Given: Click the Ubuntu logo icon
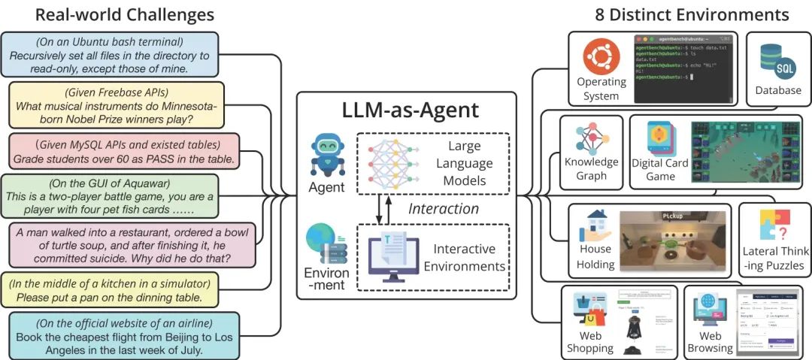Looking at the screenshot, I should coord(601,55).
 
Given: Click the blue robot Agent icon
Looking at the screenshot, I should coord(326,153).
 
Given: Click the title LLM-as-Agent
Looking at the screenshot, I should coord(406,110).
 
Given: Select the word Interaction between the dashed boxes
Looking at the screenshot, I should coord(444,208).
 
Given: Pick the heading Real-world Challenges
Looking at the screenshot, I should coord(124,14).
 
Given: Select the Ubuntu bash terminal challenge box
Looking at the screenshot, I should coord(111,55).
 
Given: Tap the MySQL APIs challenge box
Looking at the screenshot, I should coord(123,150).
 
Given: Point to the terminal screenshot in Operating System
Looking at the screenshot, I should coord(683,68).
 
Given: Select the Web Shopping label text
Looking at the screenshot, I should coord(590,342).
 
